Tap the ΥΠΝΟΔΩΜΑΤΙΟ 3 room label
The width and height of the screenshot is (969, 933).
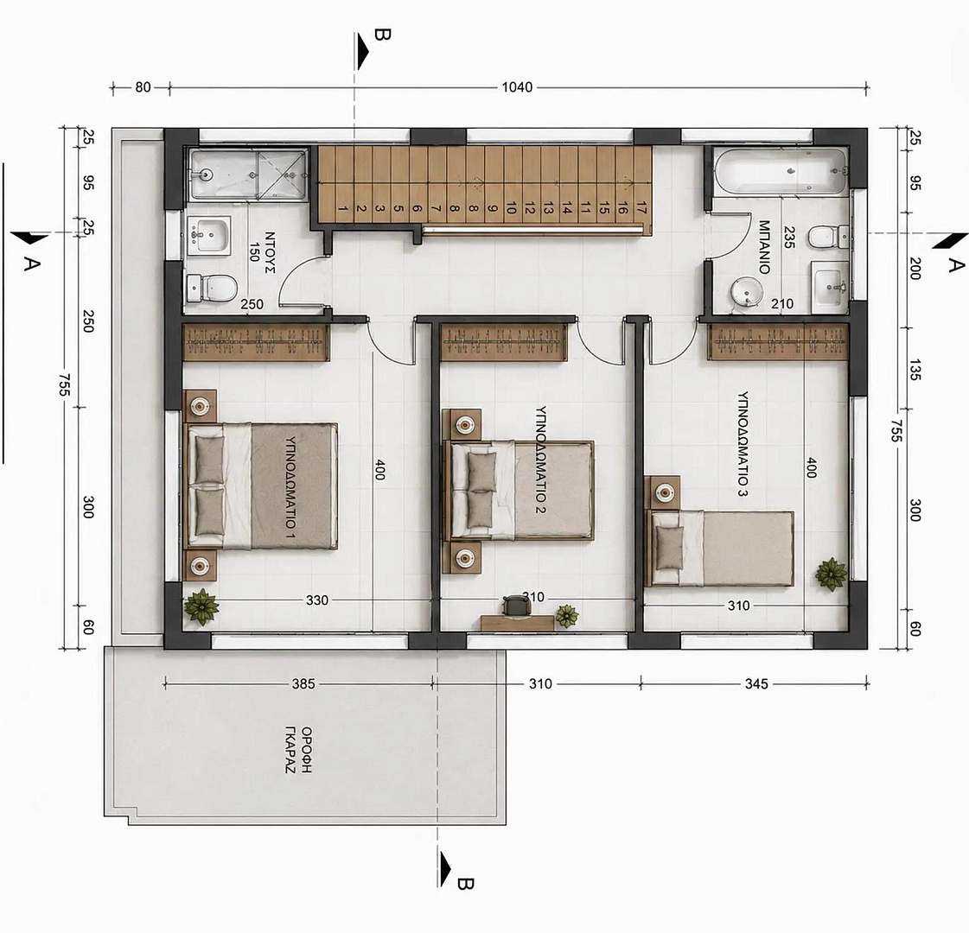(743, 443)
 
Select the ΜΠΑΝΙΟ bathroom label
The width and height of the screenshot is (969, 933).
(764, 247)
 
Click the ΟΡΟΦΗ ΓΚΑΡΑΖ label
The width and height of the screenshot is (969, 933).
(298, 751)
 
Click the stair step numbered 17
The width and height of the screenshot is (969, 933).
(641, 209)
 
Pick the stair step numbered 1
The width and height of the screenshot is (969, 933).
(344, 209)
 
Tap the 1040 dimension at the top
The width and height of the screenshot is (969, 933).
(517, 87)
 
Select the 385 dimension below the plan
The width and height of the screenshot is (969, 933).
(303, 683)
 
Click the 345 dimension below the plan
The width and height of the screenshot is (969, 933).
(756, 683)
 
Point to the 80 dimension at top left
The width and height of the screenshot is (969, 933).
(143, 87)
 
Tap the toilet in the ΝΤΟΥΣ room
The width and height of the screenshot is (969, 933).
(213, 288)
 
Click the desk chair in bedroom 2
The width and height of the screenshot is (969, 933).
(516, 605)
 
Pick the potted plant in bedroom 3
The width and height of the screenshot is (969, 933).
(831, 574)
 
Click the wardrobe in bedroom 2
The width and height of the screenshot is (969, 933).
(505, 341)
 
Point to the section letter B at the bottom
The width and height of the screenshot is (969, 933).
(465, 885)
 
